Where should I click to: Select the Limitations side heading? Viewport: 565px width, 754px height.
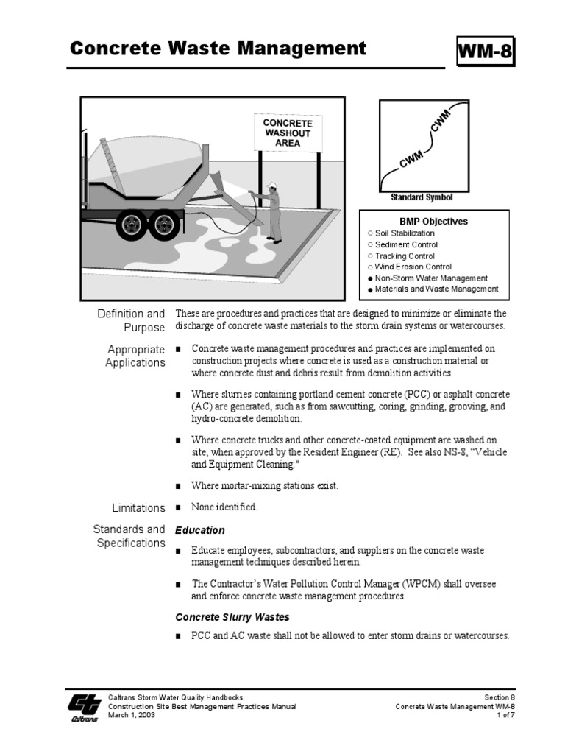[x=138, y=508]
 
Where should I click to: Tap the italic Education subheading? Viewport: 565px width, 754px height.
[x=199, y=530]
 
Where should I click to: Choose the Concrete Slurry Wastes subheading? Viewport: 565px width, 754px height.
[x=232, y=617]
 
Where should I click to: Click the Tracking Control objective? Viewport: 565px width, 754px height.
[x=405, y=256]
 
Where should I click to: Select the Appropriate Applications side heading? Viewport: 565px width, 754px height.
[x=135, y=356]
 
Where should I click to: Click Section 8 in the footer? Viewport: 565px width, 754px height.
[x=500, y=697]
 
